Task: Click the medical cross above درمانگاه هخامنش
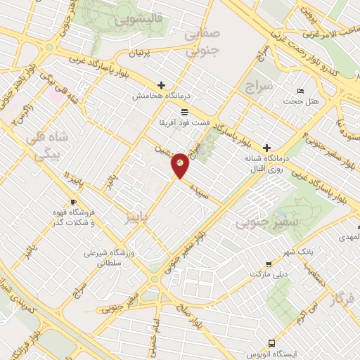pyautogui.click(x=162, y=85)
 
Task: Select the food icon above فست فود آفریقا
pyautogui.click(x=184, y=112)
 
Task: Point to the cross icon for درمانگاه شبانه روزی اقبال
pyautogui.click(x=266, y=148)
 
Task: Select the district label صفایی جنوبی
pyautogui.click(x=202, y=42)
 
